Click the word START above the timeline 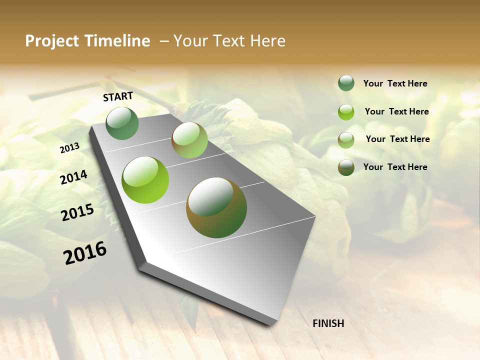[x=118, y=96]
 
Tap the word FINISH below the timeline [x=328, y=323]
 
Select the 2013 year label [x=70, y=148]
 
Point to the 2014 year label [x=74, y=177]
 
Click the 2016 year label [x=85, y=253]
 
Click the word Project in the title [x=52, y=41]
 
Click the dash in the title [x=163, y=41]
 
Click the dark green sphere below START [x=122, y=123]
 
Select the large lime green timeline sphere [x=145, y=180]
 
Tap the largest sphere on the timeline [x=216, y=207]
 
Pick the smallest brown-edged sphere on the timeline [x=189, y=140]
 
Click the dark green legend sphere [x=346, y=83]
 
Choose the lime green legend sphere [x=346, y=112]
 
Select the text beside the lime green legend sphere [x=396, y=111]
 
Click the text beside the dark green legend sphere [x=395, y=83]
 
